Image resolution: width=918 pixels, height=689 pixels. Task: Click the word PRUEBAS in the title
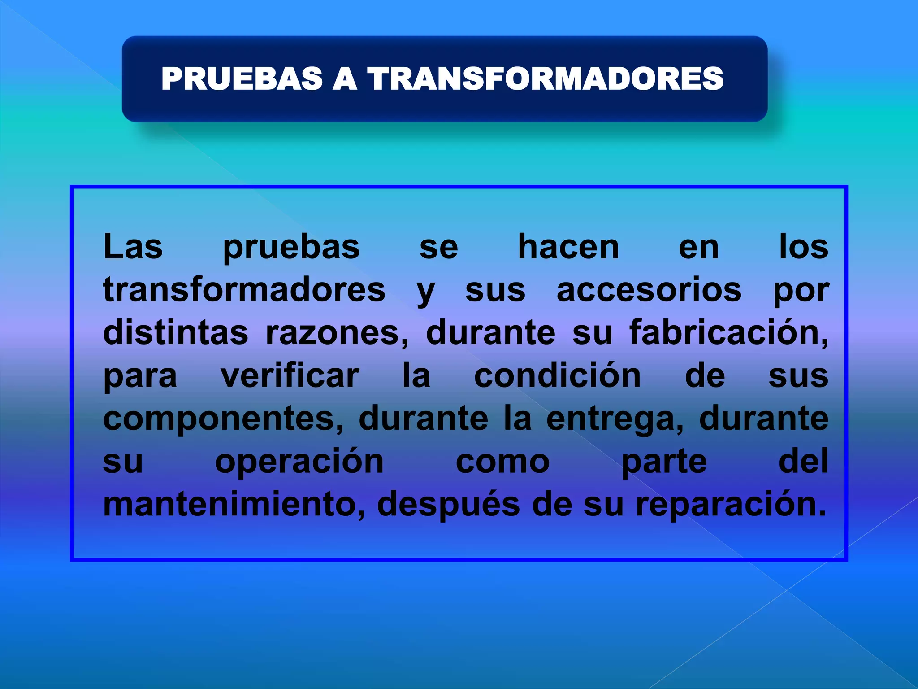(x=242, y=78)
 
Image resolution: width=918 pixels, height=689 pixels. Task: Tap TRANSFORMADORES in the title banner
(x=546, y=78)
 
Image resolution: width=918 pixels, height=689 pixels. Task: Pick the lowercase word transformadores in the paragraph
(x=244, y=290)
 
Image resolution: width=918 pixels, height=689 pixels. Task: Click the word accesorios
(x=649, y=290)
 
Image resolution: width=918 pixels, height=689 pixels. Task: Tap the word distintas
(x=176, y=332)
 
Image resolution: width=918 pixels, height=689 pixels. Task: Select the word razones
(x=337, y=333)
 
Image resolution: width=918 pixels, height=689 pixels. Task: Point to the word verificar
(x=290, y=375)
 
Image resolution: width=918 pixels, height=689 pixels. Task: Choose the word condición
(x=558, y=375)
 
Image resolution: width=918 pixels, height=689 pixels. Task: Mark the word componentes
(x=223, y=419)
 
